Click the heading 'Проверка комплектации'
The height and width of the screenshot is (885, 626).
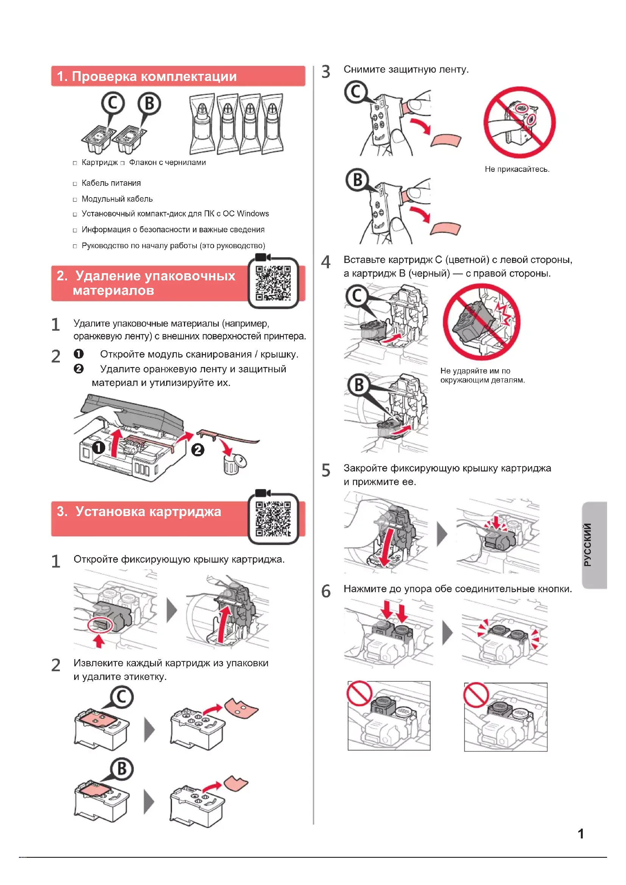coord(154,76)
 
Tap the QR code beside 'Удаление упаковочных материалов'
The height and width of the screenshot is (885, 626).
coord(273,283)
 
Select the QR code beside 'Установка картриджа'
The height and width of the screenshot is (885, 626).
coord(273,518)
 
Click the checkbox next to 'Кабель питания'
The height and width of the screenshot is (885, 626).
coord(75,184)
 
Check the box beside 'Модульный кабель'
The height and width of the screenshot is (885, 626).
coord(75,200)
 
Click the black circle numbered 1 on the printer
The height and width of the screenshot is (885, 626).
coord(99,448)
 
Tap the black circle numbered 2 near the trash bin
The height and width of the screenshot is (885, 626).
coord(198,449)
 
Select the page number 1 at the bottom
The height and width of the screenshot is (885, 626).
coord(581,834)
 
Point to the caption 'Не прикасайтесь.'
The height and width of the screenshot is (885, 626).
coord(517,169)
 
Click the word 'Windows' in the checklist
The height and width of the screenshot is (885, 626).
coord(253,213)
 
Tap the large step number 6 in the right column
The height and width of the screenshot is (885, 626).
coord(326,591)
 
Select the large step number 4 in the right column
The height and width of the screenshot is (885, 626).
coord(326,262)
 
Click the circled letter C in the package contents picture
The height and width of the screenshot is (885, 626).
coord(112,103)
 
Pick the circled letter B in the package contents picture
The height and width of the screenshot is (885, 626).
coord(149,103)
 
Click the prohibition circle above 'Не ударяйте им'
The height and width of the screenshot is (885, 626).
coord(481,322)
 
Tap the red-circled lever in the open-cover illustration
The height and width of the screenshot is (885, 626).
coord(100,624)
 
